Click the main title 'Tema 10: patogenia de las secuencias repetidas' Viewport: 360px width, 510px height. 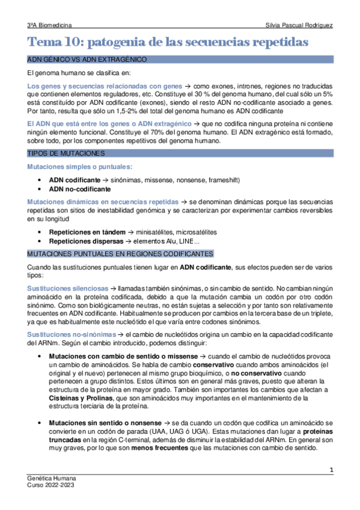tap(168, 43)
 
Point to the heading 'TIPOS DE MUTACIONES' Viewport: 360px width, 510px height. tap(63, 153)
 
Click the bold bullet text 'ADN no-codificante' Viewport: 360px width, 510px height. tap(80, 189)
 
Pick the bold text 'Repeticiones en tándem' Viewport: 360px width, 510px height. tap(82, 232)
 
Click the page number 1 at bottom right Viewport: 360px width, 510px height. tap(331, 469)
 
